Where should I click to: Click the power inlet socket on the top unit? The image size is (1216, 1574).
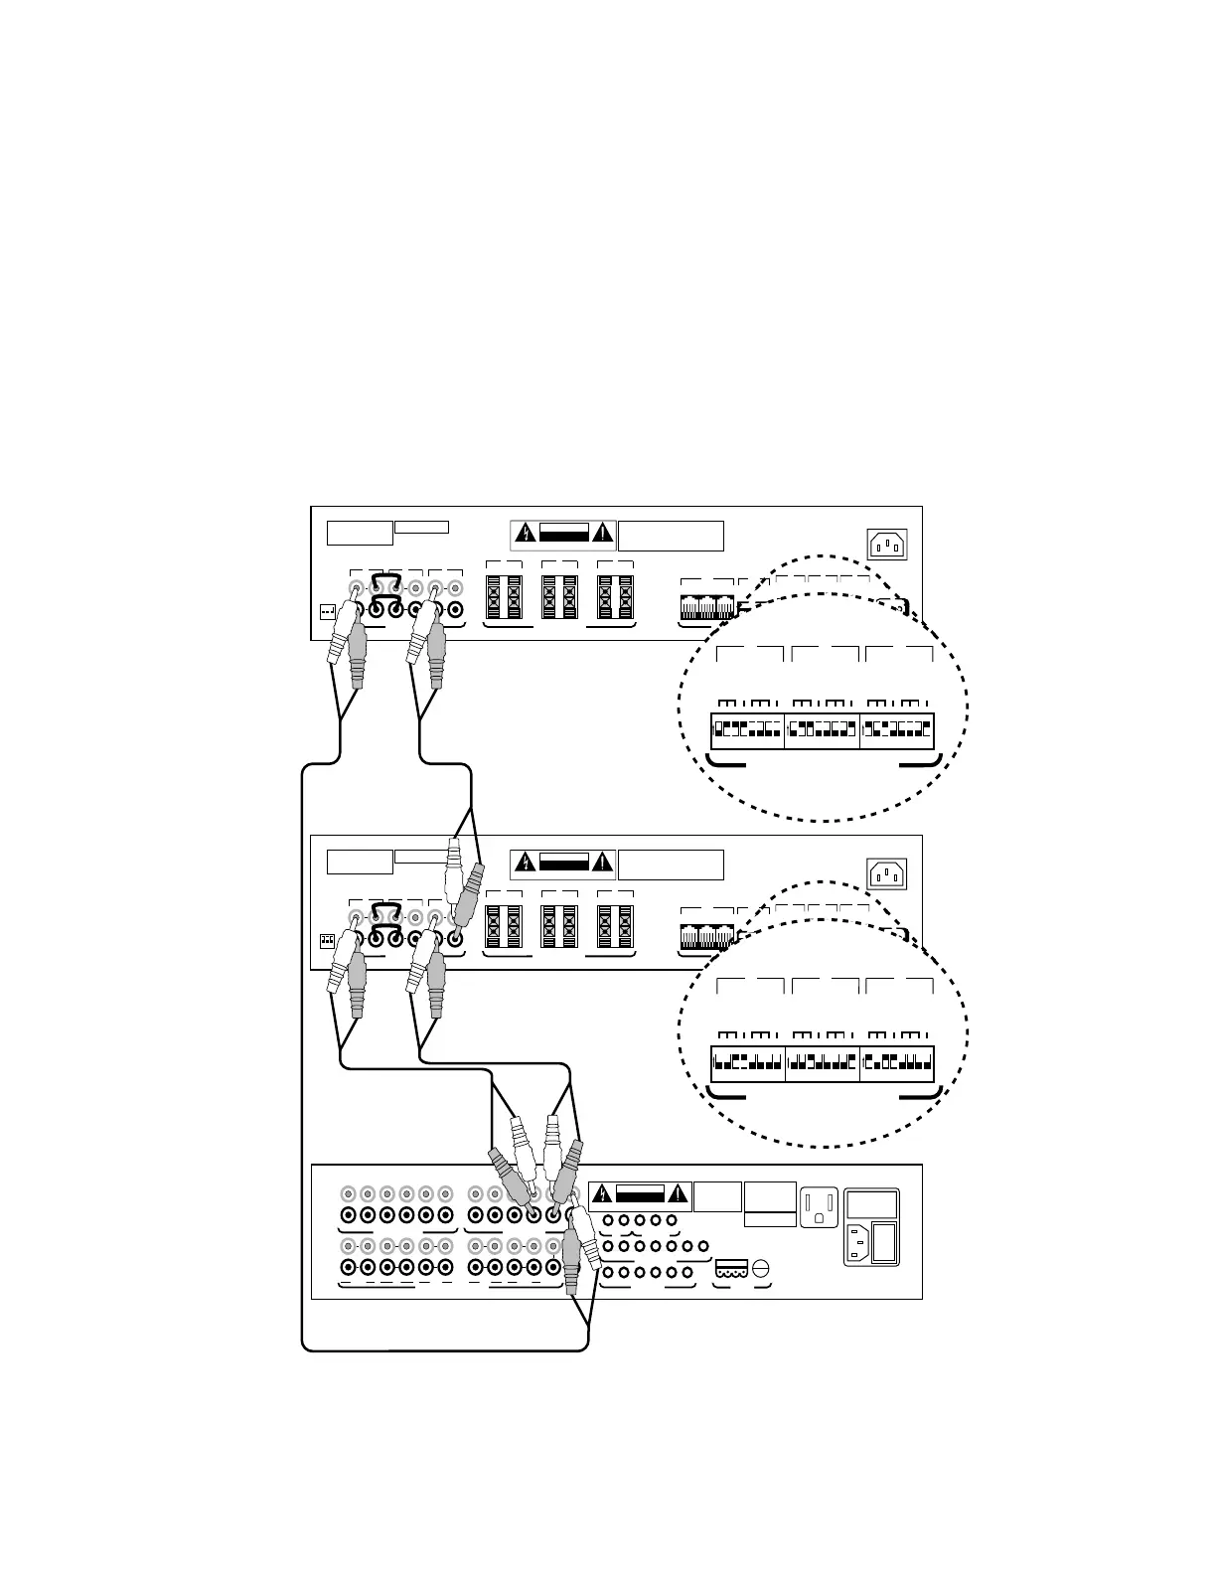coord(888,545)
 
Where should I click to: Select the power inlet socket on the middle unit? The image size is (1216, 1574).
coord(888,874)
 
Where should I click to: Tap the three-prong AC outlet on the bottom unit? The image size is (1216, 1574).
coord(821,1206)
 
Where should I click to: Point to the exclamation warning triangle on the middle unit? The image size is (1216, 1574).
coord(602,864)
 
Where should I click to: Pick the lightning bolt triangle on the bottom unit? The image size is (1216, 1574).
coord(601,1193)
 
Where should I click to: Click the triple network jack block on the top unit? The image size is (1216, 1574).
coord(707,606)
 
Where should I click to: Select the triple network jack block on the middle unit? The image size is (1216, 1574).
coord(707,936)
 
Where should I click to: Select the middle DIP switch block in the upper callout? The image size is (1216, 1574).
coord(823,731)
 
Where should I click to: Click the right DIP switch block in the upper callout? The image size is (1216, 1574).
coord(897,731)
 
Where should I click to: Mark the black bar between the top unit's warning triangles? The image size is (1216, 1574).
coord(563,534)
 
